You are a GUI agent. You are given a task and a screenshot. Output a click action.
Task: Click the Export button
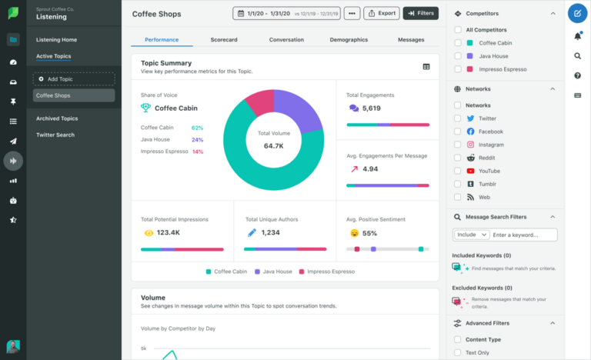[x=381, y=13]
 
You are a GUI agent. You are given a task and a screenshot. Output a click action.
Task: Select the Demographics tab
[x=349, y=39]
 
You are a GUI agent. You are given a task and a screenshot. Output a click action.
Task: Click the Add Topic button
[x=74, y=78]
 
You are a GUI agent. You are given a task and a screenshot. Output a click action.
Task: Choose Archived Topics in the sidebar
[x=57, y=118]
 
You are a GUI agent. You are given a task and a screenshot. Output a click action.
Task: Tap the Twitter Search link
[x=55, y=135]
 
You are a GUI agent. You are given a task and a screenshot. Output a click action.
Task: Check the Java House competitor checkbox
[x=459, y=56]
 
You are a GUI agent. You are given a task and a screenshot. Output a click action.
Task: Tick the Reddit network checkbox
[x=459, y=158]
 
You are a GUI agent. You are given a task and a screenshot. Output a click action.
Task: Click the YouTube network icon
[x=469, y=171]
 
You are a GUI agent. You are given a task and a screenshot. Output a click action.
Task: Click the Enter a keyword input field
[x=524, y=235]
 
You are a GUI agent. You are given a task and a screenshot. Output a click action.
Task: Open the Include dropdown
[x=472, y=235]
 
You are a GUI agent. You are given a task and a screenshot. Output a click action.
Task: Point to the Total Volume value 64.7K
[x=274, y=145]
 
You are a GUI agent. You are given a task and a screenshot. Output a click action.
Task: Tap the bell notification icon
[x=577, y=36]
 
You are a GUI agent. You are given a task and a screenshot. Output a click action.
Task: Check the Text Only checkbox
[x=459, y=352]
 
